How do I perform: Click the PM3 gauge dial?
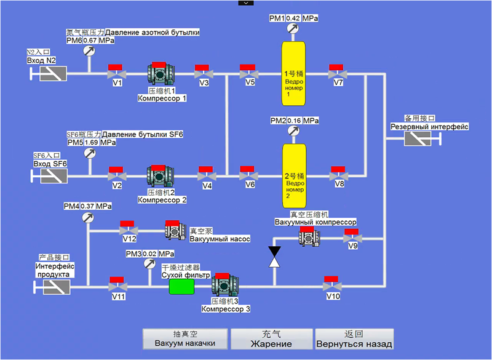(x=149, y=263)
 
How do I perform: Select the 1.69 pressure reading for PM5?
(x=91, y=142)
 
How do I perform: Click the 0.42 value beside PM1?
(x=293, y=18)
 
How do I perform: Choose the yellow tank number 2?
(x=294, y=176)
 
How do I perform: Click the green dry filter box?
(x=181, y=286)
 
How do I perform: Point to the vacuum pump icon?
(x=175, y=230)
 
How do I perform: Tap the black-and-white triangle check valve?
(x=274, y=257)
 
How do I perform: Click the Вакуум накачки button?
(x=185, y=338)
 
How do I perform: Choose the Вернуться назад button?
(x=354, y=338)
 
